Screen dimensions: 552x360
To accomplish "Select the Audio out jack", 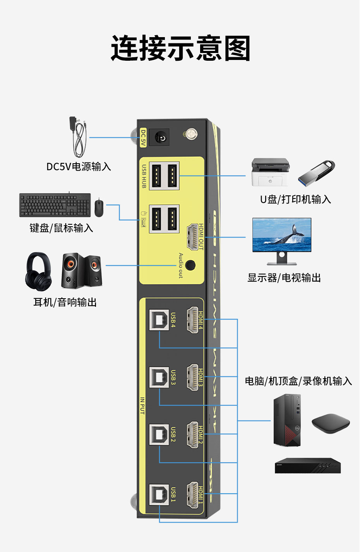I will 190,265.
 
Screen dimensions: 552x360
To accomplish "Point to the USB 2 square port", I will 159,434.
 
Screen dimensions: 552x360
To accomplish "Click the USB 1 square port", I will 159,495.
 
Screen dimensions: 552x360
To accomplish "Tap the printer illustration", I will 270,172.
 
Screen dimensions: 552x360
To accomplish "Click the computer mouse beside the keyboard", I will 99,208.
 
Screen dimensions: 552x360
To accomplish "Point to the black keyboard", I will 55,205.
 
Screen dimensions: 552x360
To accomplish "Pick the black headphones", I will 38,271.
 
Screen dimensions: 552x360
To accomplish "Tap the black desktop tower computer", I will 287,420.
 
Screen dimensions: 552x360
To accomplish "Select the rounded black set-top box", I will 331,424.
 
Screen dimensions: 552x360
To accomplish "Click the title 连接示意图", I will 180,48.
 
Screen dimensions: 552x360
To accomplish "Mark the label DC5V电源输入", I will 79,167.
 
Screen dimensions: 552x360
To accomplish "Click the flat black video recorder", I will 308,466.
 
